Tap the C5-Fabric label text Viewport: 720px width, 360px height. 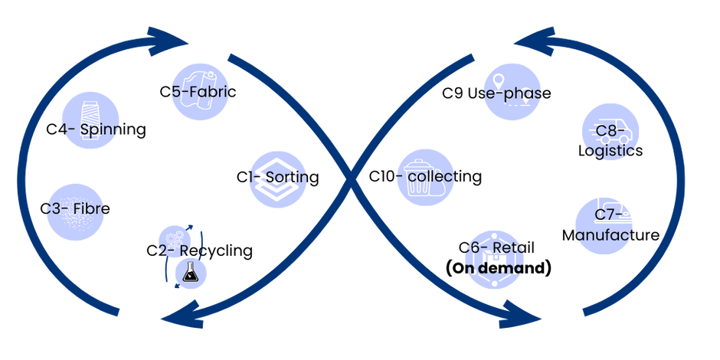point(200,93)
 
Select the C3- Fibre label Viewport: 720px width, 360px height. point(76,208)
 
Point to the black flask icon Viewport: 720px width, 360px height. point(188,273)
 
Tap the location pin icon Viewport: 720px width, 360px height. point(499,81)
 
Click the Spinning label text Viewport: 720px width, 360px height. point(91,129)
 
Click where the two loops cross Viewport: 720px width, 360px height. point(352,179)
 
